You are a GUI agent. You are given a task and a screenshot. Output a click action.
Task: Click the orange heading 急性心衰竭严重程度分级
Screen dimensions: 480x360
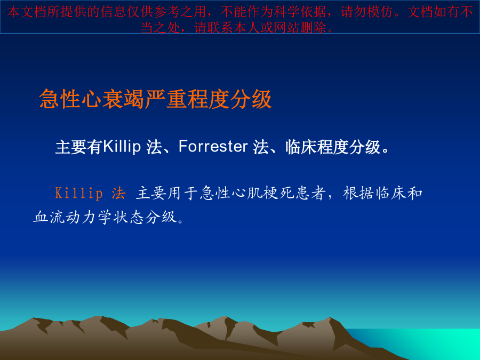(156, 99)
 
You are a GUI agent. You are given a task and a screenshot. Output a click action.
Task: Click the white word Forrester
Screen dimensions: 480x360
(213, 146)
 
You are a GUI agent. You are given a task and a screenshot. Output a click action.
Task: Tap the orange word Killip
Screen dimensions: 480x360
(79, 194)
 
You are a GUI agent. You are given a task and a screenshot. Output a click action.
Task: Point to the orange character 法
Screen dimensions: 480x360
(119, 194)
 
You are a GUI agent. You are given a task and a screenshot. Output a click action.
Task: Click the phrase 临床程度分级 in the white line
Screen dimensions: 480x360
(333, 147)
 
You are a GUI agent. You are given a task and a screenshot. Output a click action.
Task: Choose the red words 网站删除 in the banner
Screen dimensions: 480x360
(300, 28)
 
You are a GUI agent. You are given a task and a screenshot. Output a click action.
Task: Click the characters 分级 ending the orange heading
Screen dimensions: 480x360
(251, 99)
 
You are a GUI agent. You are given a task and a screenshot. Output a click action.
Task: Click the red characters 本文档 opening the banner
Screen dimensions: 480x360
(27, 12)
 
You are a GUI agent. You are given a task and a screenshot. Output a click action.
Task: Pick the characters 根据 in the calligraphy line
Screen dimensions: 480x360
(358, 193)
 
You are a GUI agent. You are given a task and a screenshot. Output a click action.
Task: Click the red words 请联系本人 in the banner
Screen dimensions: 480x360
(227, 28)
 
